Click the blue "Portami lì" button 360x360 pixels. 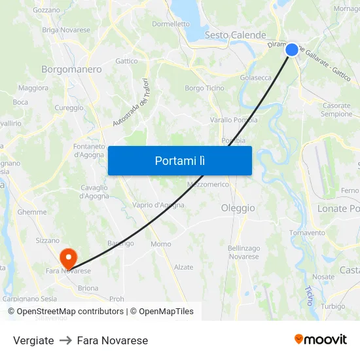[179, 160]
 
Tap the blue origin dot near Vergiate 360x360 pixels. [292, 49]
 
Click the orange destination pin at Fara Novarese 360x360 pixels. [68, 257]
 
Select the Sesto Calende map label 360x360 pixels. [235, 35]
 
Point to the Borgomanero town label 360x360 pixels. [71, 69]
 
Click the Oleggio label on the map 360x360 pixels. [238, 208]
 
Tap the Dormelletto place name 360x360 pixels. [171, 24]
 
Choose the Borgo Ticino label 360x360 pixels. [204, 88]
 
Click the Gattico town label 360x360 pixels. [126, 61]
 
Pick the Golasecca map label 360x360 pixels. [256, 77]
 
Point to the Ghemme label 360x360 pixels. [32, 212]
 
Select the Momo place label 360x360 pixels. [160, 244]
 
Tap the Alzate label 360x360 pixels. [183, 267]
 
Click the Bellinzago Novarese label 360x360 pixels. [243, 252]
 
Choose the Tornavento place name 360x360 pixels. [307, 232]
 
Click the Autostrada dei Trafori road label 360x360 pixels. [131, 103]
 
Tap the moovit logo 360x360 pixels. [320, 339]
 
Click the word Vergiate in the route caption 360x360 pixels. [33, 340]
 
